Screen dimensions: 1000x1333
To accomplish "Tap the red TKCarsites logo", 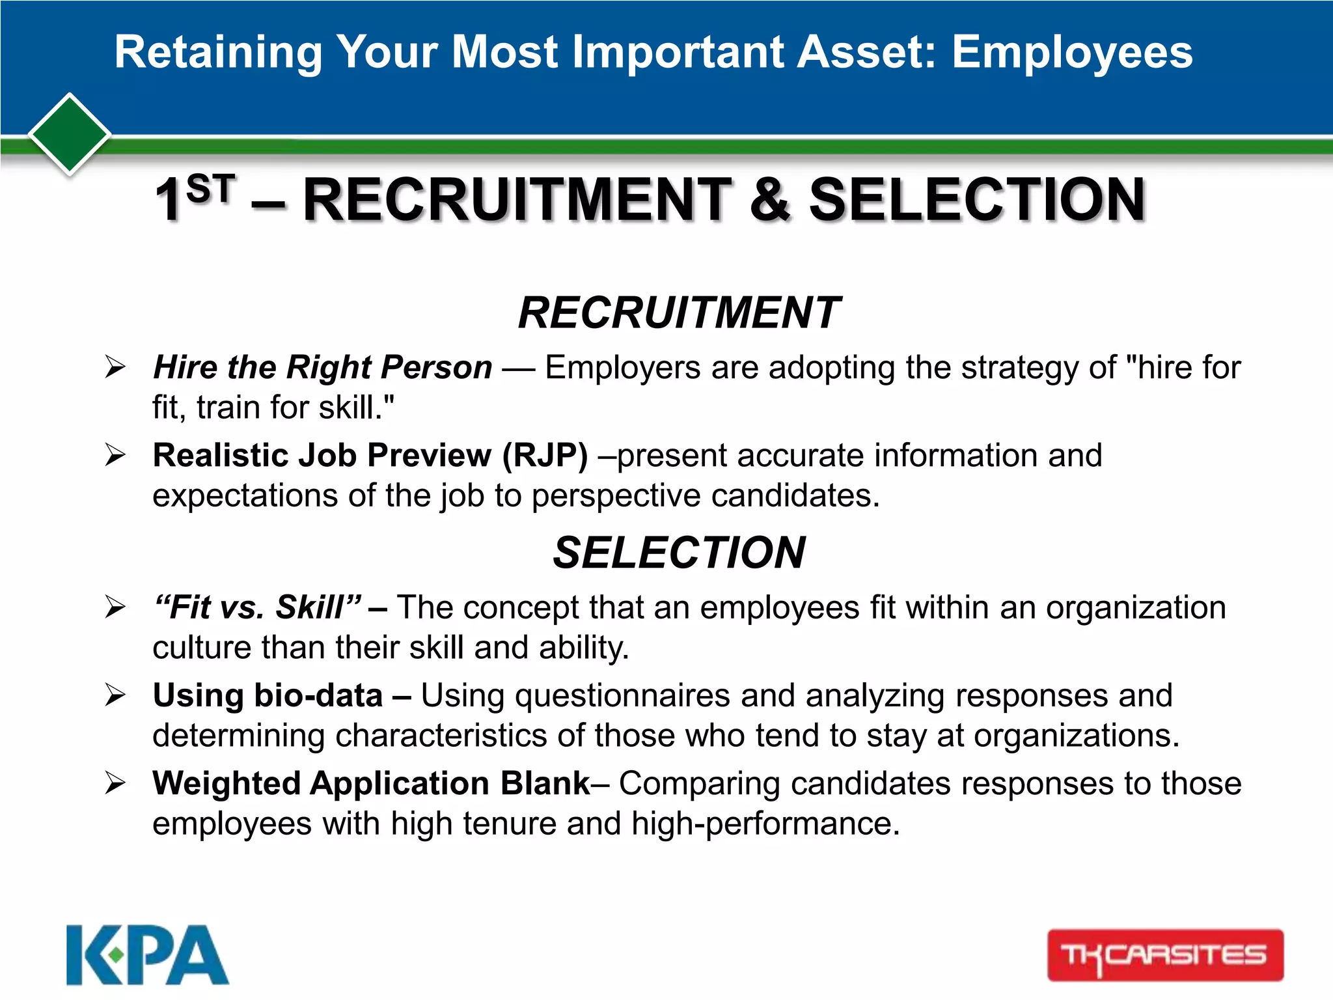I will [1165, 955].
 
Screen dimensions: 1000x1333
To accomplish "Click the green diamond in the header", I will [70, 134].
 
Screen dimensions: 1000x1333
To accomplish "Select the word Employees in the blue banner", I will [1072, 52].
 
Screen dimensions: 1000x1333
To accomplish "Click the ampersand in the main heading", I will [770, 199].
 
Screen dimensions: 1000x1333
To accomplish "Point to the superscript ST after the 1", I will [210, 189].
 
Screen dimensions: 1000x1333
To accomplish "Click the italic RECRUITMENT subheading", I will [679, 312].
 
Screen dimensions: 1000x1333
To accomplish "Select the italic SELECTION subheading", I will [679, 553].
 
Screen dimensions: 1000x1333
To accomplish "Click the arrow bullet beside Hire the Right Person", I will [115, 367].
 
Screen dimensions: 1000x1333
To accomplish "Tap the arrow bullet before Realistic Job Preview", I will [115, 455].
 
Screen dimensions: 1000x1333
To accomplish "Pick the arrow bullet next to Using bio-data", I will [115, 695].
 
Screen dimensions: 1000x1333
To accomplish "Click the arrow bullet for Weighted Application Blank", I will [115, 783].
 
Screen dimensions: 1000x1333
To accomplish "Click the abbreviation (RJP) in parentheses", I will [545, 455].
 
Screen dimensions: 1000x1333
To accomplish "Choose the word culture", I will [202, 648].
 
